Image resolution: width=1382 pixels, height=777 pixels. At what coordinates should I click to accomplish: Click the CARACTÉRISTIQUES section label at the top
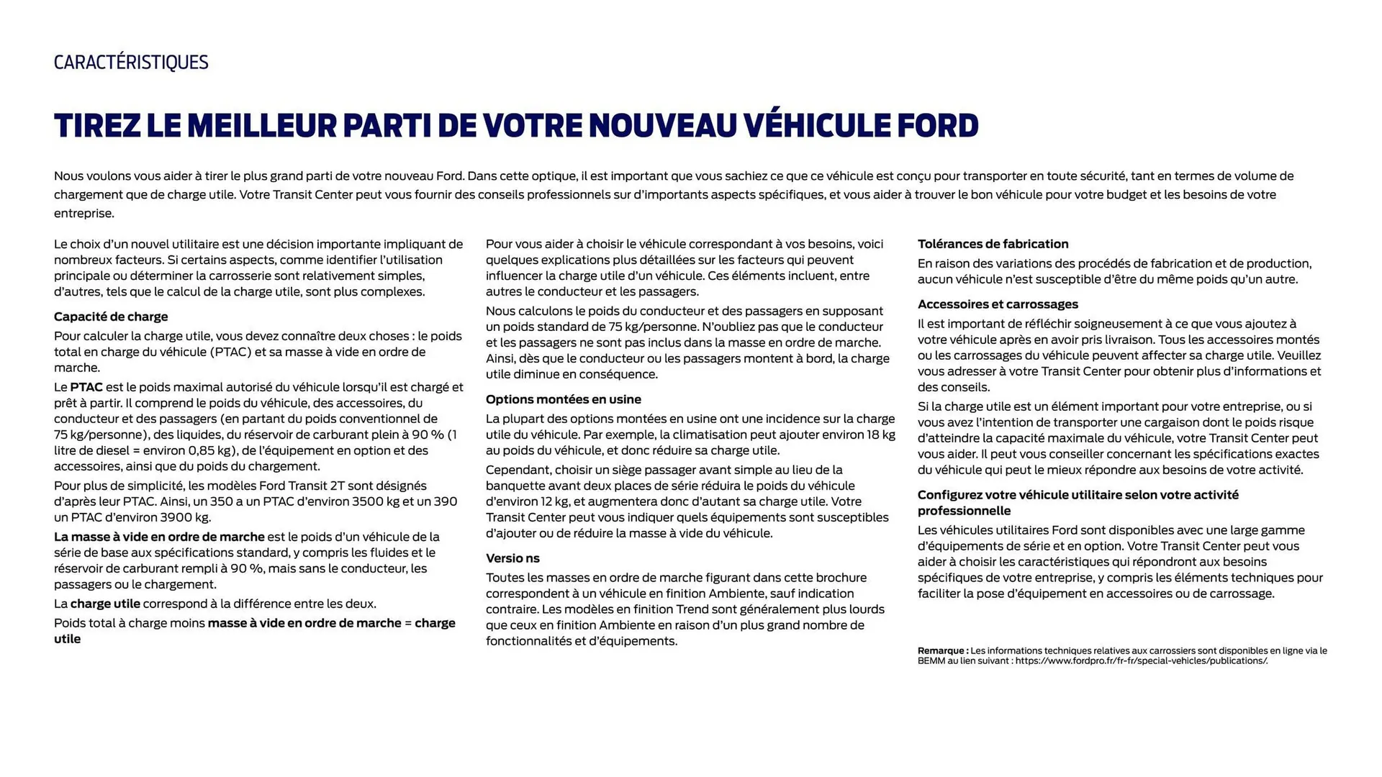click(x=131, y=63)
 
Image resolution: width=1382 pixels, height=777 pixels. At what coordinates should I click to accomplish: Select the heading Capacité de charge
click(x=111, y=317)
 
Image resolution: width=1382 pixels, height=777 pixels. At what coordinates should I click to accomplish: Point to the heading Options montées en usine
click(x=563, y=399)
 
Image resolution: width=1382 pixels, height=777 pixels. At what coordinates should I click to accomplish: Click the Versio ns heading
click(x=512, y=558)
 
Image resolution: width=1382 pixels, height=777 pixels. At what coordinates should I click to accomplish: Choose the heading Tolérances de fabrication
click(x=993, y=244)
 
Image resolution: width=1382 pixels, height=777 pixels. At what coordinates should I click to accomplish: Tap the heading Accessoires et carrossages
click(x=998, y=304)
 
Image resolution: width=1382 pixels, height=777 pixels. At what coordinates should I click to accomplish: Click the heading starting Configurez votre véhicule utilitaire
click(x=1078, y=495)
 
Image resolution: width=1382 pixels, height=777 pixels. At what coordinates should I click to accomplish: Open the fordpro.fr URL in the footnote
click(x=1142, y=661)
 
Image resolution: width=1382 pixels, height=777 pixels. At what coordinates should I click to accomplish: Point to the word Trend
click(x=692, y=609)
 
